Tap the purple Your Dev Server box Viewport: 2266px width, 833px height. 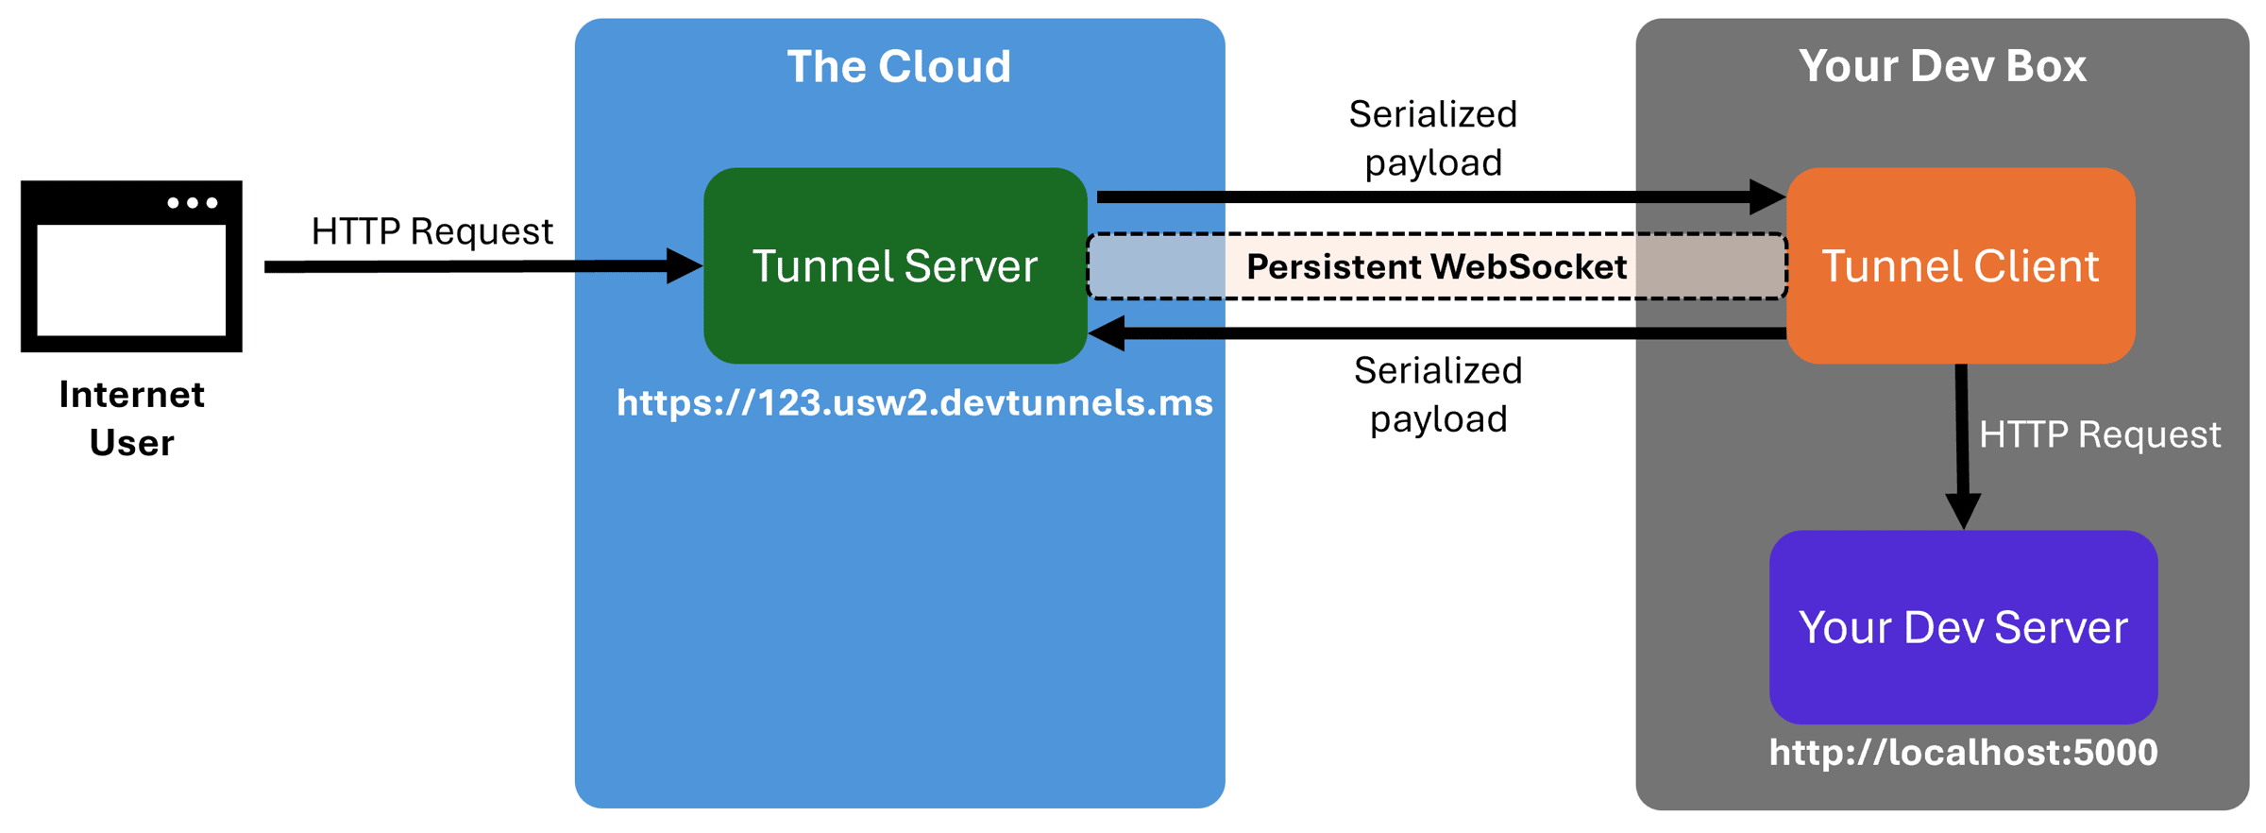click(x=1962, y=627)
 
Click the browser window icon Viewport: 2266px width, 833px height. click(x=131, y=265)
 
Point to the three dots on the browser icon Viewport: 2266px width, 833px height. click(x=193, y=203)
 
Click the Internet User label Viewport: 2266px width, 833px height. click(x=131, y=418)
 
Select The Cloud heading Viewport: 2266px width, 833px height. click(x=898, y=66)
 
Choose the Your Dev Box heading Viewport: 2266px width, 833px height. click(x=1941, y=66)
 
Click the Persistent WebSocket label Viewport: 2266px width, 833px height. click(x=1436, y=267)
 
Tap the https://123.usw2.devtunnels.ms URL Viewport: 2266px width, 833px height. click(x=914, y=403)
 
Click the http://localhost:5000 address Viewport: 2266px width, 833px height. click(x=1962, y=753)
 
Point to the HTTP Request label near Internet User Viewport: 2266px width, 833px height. click(x=431, y=231)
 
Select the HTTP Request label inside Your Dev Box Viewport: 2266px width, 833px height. click(x=2099, y=434)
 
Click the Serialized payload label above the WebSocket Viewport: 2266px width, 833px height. click(x=1432, y=138)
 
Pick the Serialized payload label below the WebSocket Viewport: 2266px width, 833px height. click(x=1437, y=395)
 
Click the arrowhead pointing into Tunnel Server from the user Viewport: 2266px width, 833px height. click(x=684, y=266)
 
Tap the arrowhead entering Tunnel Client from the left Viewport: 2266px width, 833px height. click(x=1767, y=197)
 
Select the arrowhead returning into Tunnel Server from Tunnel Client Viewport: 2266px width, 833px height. click(x=1107, y=333)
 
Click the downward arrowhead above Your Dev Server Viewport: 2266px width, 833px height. click(x=1963, y=511)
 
